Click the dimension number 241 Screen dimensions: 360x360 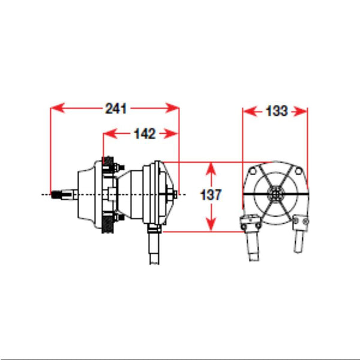pyautogui.click(x=116, y=109)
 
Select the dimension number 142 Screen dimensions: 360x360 pyautogui.click(x=145, y=134)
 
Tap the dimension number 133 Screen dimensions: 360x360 pyautogui.click(x=277, y=111)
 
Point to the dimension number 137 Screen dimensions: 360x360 pyautogui.click(x=211, y=194)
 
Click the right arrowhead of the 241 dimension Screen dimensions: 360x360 pyautogui.click(x=172, y=108)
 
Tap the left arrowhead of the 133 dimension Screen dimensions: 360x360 pyautogui.click(x=250, y=112)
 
